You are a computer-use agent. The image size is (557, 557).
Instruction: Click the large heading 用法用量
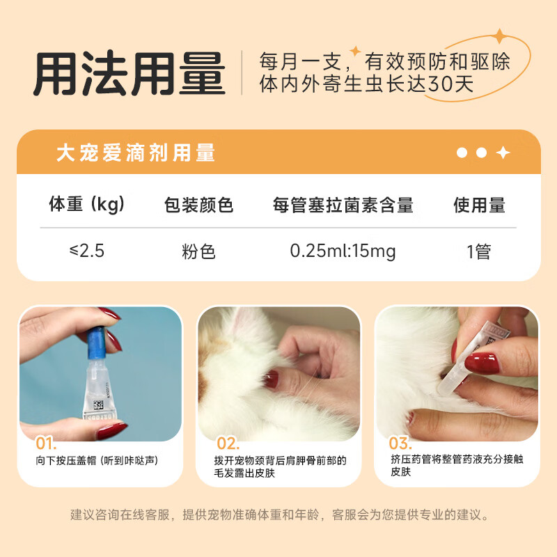(130, 74)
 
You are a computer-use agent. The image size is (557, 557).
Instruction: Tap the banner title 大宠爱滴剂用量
(136, 152)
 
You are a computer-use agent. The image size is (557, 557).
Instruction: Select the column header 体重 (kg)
(87, 204)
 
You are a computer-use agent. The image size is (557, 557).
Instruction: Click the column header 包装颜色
(198, 205)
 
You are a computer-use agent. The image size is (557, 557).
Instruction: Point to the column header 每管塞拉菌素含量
(343, 205)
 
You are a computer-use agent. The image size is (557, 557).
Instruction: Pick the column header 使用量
(479, 205)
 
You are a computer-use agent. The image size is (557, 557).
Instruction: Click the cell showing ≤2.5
(87, 251)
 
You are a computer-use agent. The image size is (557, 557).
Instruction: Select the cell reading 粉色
(198, 251)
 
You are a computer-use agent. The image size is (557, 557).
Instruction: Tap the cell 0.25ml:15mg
(343, 251)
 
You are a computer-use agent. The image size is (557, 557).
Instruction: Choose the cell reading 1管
(479, 251)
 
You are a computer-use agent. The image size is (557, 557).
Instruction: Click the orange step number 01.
(46, 444)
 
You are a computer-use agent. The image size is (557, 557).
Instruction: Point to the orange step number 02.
(228, 444)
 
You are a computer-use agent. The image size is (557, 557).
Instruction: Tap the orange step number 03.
(400, 443)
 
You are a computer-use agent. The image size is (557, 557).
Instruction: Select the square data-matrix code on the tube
(98, 405)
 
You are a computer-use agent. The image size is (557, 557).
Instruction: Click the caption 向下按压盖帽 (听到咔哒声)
(97, 460)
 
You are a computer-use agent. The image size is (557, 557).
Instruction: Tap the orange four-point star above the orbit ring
(500, 36)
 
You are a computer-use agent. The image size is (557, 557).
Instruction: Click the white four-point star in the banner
(503, 152)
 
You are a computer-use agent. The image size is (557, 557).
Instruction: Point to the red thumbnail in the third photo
(482, 363)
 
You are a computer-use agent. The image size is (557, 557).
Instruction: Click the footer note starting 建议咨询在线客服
(279, 515)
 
